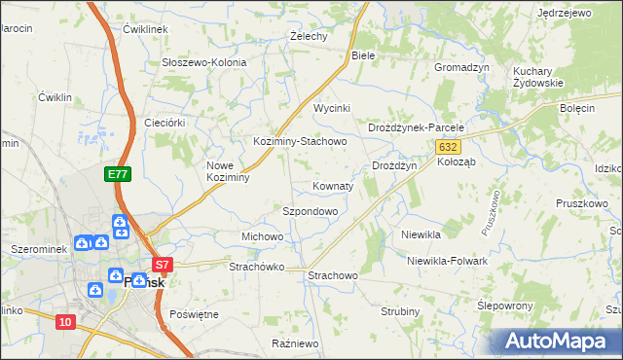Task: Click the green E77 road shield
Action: (x=118, y=174)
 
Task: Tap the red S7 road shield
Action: (x=162, y=264)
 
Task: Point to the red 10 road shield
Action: (x=65, y=322)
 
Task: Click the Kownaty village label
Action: (x=332, y=185)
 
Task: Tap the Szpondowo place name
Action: (x=310, y=210)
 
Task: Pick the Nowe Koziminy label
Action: (x=229, y=171)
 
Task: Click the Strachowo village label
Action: (x=333, y=276)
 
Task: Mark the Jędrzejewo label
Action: (x=565, y=14)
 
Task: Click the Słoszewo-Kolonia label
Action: (x=204, y=62)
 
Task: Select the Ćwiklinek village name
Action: (x=146, y=30)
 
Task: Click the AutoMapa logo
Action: (x=557, y=341)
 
